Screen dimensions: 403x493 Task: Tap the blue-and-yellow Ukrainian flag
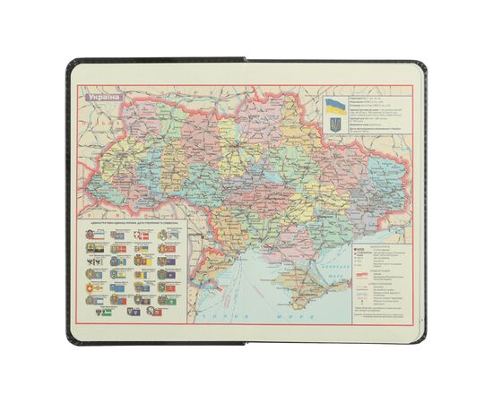click(333, 105)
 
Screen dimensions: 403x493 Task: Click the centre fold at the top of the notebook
click(246, 59)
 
